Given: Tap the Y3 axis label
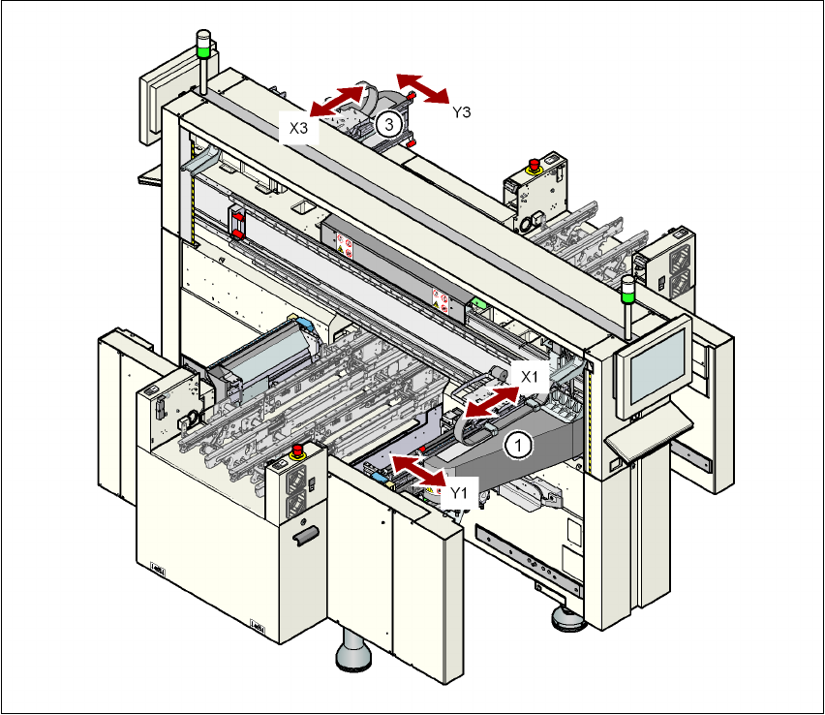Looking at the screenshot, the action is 462,112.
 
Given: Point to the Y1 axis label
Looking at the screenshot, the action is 459,493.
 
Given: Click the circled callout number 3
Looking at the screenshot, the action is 388,123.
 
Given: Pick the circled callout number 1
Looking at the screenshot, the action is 519,445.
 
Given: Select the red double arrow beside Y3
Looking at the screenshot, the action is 423,86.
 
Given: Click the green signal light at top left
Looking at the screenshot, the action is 203,43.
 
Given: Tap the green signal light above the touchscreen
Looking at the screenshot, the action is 628,284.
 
